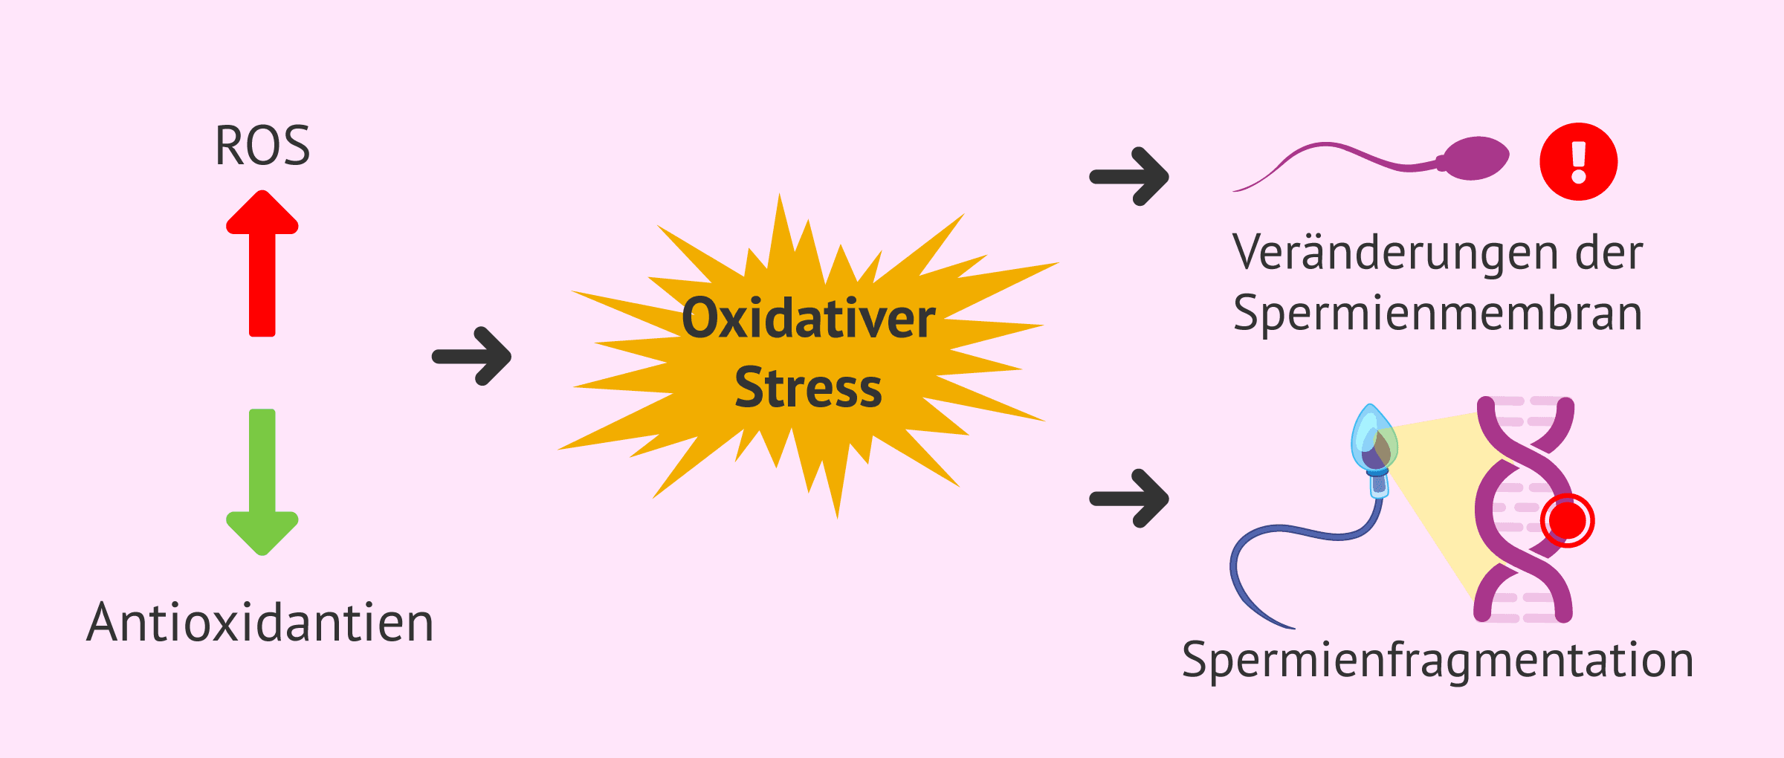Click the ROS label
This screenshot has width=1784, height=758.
[262, 146]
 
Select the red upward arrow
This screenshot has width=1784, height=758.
[262, 263]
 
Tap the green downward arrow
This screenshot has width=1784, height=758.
[262, 482]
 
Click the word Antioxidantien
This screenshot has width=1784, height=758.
[260, 622]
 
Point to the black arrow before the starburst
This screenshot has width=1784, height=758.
[471, 356]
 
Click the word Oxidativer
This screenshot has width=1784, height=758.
[809, 319]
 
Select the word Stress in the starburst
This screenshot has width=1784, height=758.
[809, 388]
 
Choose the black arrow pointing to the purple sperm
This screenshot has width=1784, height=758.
[1129, 176]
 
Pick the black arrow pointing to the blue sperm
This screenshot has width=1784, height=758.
[1129, 498]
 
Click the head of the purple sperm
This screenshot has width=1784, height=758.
[1475, 158]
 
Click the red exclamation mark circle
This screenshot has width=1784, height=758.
[1579, 161]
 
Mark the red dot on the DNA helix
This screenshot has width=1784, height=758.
[1568, 521]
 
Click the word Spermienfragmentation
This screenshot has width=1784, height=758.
[1438, 661]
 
